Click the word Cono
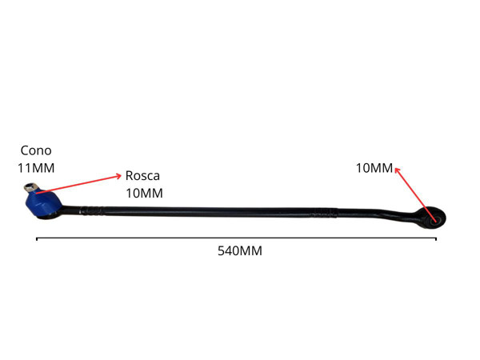(x=34, y=150)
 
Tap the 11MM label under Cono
(x=35, y=168)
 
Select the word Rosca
(x=144, y=175)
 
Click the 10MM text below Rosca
(x=144, y=193)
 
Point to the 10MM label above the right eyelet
(x=374, y=168)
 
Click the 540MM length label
(x=240, y=250)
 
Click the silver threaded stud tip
(x=30, y=189)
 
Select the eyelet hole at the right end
(x=436, y=217)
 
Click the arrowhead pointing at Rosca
(x=118, y=174)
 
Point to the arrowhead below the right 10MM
(x=397, y=168)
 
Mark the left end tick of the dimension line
(x=37, y=238)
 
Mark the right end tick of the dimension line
(x=436, y=238)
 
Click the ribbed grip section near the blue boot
(x=93, y=211)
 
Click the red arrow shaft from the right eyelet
(x=416, y=193)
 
